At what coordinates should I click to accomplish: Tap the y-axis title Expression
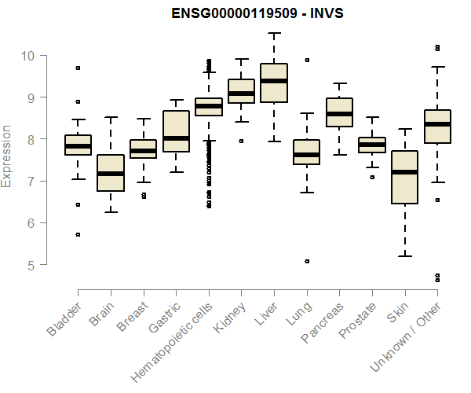click(x=7, y=156)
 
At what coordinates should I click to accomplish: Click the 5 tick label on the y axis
click(x=29, y=266)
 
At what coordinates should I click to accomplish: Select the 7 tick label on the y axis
click(x=29, y=182)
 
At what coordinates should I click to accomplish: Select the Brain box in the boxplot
click(x=111, y=173)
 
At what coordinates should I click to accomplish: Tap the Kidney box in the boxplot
click(x=241, y=91)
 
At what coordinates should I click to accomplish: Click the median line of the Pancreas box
click(x=339, y=114)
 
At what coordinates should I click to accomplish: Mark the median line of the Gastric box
click(x=176, y=138)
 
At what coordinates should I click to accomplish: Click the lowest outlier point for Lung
click(x=307, y=261)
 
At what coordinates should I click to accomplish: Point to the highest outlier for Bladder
click(x=78, y=68)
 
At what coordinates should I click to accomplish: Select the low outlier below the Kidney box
click(x=241, y=141)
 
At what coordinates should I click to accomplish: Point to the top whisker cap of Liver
click(x=273, y=33)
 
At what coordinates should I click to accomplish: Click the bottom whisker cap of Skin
click(x=404, y=256)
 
